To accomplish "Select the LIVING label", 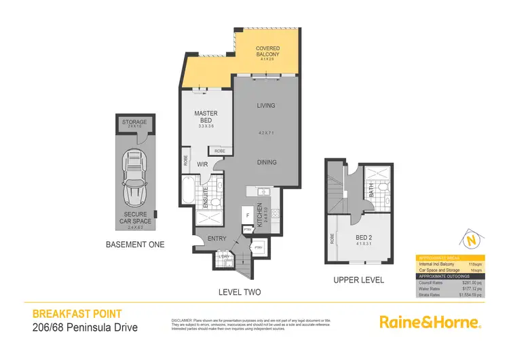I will pyautogui.click(x=265, y=105).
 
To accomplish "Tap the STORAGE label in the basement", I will pyautogui.click(x=134, y=122).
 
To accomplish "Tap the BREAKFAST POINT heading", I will pyautogui.click(x=77, y=314).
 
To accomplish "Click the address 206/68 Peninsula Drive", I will pyautogui.click(x=86, y=328).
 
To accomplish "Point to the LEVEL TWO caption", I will pyautogui.click(x=241, y=292).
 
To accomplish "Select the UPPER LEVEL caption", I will pyautogui.click(x=359, y=280).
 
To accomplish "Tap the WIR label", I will pyautogui.click(x=202, y=164).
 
